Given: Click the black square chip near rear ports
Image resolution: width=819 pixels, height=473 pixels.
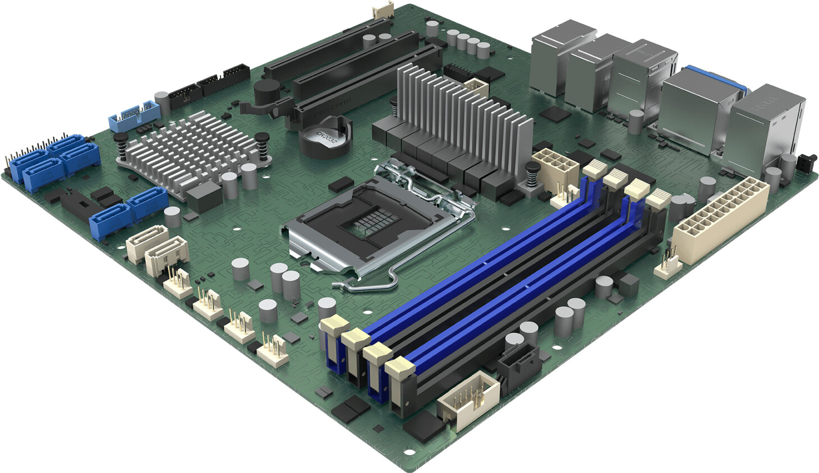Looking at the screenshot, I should [557, 114].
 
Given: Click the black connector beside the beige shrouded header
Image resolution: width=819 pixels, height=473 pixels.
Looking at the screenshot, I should [519, 361].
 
